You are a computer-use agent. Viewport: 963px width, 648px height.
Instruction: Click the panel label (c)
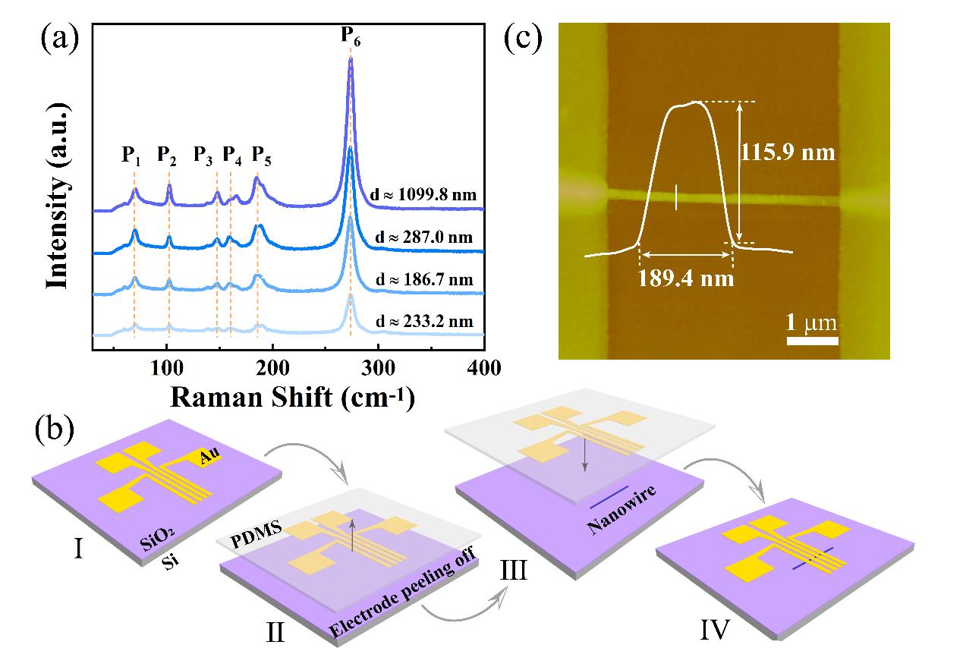(x=523, y=38)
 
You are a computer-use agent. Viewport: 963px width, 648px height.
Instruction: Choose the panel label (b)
(x=55, y=429)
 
